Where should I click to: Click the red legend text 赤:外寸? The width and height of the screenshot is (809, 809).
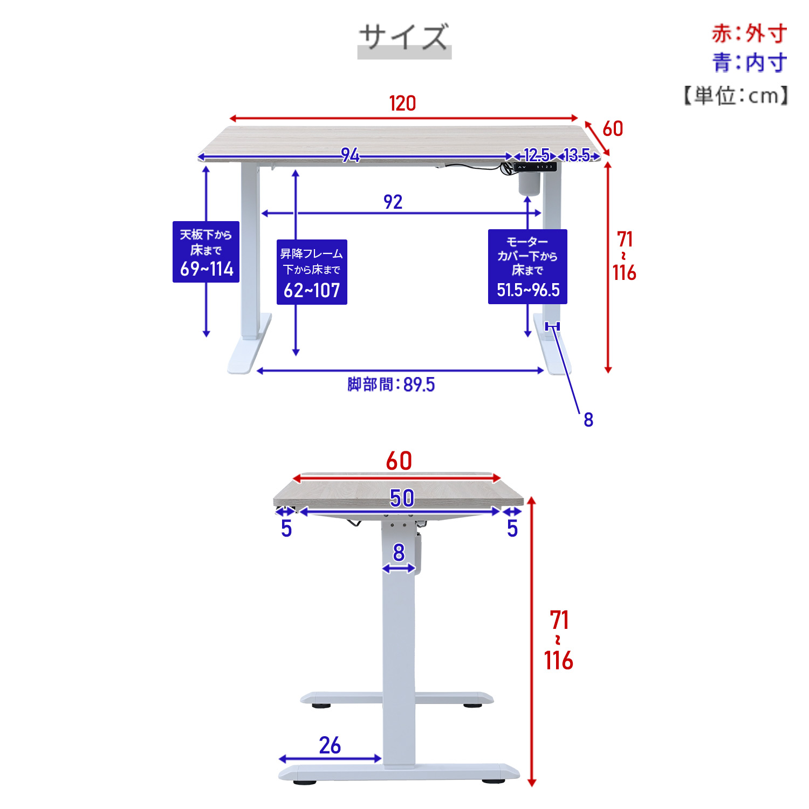coord(749,33)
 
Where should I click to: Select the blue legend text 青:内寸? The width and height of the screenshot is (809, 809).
coord(749,63)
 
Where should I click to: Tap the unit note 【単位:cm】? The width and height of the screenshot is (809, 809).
coord(736,95)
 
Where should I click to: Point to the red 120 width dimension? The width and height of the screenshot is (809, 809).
coord(402,103)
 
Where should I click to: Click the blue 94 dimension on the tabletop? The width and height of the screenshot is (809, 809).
coord(350,155)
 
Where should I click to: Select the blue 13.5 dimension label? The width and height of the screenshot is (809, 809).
coord(577,155)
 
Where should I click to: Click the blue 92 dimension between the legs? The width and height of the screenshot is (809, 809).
coord(393,202)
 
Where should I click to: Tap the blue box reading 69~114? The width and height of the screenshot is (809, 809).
coord(206,252)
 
